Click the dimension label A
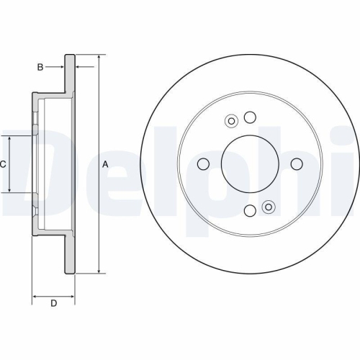(105, 165)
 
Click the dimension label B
(40, 67)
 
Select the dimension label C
(3, 164)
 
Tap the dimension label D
(54, 303)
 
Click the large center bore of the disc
(250, 164)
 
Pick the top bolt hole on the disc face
(250, 117)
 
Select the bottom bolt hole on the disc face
(250, 210)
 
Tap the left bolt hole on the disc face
(203, 164)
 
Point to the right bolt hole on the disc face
(297, 164)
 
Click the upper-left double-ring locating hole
(231, 121)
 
